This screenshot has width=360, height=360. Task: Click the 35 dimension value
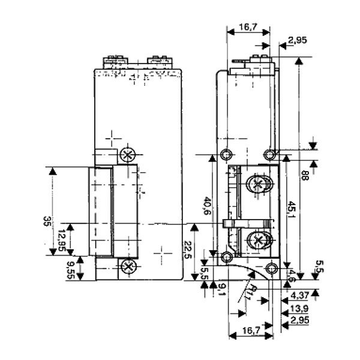point(46,221)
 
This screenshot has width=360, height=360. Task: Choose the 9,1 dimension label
point(221,290)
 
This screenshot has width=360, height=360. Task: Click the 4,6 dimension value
point(292,277)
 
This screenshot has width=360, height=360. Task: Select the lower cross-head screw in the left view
point(127,266)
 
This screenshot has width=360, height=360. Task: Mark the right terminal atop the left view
point(157,61)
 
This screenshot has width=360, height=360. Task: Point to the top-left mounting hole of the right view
point(226,151)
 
